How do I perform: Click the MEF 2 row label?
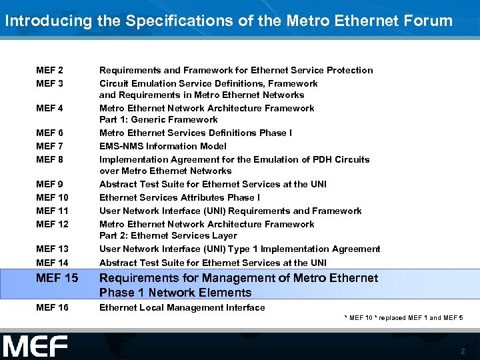50,70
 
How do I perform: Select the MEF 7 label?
50,146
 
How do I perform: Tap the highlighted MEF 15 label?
57,278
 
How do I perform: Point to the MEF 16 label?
52,307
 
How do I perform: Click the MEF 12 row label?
52,224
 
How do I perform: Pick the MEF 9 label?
50,184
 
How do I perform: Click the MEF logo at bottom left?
35,347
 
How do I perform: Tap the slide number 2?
463,351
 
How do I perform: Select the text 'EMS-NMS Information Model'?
163,146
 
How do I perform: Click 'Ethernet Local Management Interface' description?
182,307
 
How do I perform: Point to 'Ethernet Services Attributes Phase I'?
179,197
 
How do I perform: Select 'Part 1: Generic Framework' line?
158,119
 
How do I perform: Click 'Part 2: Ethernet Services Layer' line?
168,235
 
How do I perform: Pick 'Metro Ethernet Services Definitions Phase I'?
195,133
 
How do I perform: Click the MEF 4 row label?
50,108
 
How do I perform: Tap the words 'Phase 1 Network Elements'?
175,293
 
